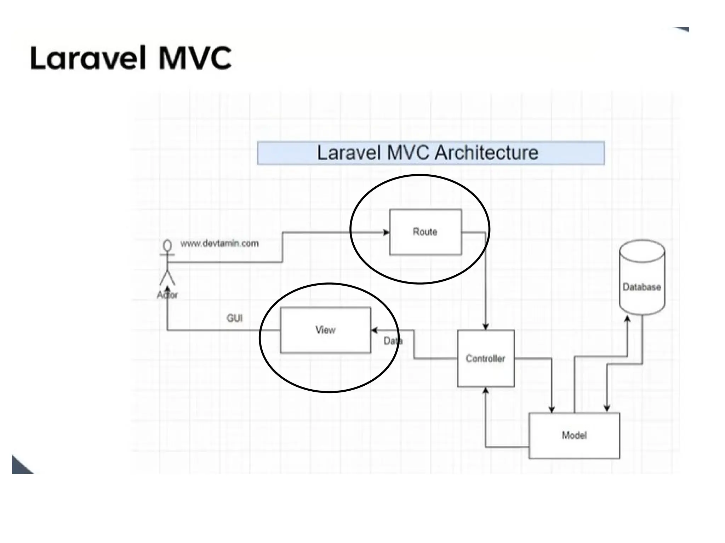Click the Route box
pyautogui.click(x=425, y=232)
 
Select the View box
pyautogui.click(x=325, y=330)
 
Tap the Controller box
pyautogui.click(x=485, y=358)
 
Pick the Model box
pyautogui.click(x=574, y=436)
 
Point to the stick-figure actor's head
pyautogui.click(x=167, y=245)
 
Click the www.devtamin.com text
pyautogui.click(x=219, y=243)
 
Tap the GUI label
pyautogui.click(x=234, y=319)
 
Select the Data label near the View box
pyautogui.click(x=393, y=341)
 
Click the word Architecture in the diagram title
pyautogui.click(x=486, y=153)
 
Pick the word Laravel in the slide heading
pyautogui.click(x=89, y=58)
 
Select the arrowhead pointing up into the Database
pyautogui.click(x=627, y=319)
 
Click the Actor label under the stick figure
pyautogui.click(x=167, y=294)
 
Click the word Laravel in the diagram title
pyautogui.click(x=349, y=153)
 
